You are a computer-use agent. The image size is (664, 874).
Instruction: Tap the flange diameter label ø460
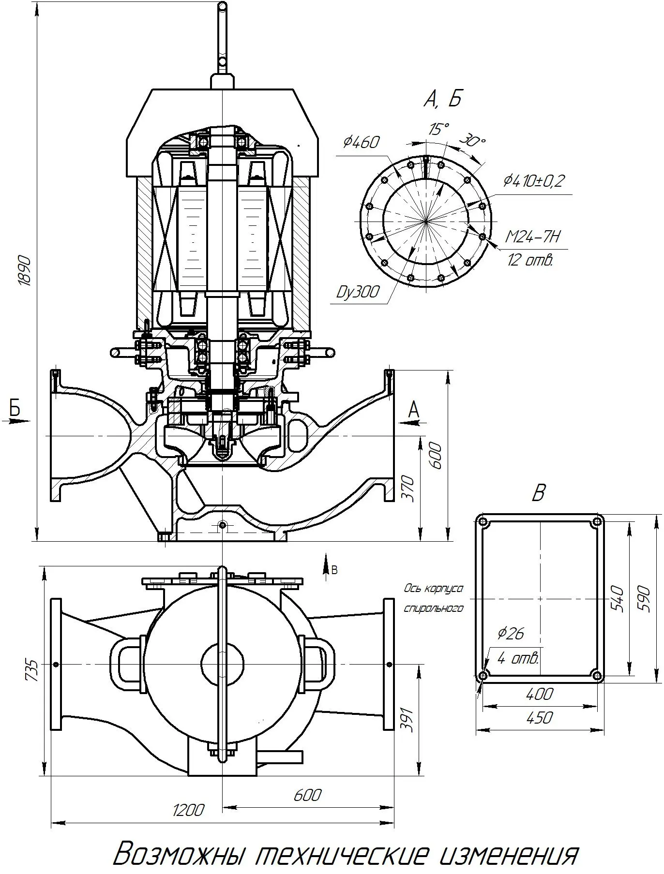[362, 142]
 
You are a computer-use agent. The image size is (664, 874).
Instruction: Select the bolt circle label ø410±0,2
[534, 181]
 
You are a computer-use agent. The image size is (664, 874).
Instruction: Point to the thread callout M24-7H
[532, 237]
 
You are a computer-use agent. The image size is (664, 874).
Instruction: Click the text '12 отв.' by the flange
[530, 260]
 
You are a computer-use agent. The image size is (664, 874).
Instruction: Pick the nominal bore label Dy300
[358, 293]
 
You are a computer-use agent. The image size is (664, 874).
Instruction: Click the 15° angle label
[438, 129]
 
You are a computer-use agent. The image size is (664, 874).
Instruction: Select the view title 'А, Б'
[442, 99]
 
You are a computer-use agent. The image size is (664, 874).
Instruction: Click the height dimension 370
[409, 489]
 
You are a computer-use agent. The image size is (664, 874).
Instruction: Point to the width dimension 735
[31, 670]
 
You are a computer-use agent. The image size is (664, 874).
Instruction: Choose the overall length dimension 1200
[188, 809]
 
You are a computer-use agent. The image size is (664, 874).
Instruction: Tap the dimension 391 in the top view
[408, 720]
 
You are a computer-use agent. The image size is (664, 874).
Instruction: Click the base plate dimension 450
[539, 717]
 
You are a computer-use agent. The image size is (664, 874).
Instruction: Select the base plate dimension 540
[617, 598]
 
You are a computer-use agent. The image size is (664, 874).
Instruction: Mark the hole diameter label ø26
[511, 633]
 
